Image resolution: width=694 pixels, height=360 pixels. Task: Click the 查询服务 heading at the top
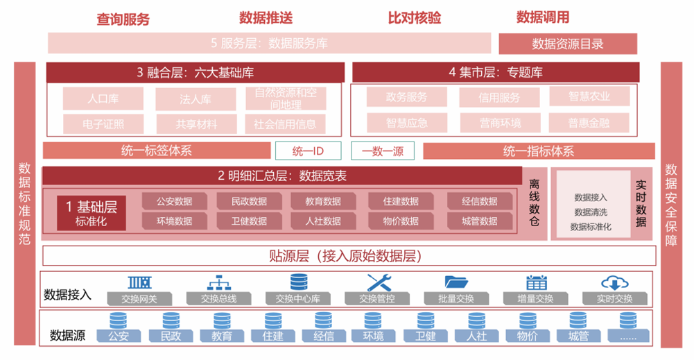[123, 19]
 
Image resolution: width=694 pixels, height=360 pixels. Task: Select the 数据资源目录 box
[568, 44]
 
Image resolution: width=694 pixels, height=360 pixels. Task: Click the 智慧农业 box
[589, 96]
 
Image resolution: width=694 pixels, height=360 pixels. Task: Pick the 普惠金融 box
[589, 123]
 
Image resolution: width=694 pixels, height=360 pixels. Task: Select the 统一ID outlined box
[308, 151]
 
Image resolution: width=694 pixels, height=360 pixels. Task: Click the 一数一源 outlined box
[382, 151]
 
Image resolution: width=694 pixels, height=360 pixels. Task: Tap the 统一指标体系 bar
[539, 151]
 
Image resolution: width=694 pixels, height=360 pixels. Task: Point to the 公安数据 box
[174, 201]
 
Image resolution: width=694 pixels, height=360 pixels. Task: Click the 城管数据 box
[479, 221]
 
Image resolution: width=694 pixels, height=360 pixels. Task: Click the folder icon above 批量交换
[457, 282]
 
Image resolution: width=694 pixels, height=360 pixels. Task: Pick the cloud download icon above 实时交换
[614, 282]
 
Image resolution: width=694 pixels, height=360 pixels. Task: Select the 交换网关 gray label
[139, 298]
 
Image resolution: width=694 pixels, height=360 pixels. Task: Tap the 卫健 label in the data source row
[425, 336]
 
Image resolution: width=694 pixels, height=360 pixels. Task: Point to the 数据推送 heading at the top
[266, 17]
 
